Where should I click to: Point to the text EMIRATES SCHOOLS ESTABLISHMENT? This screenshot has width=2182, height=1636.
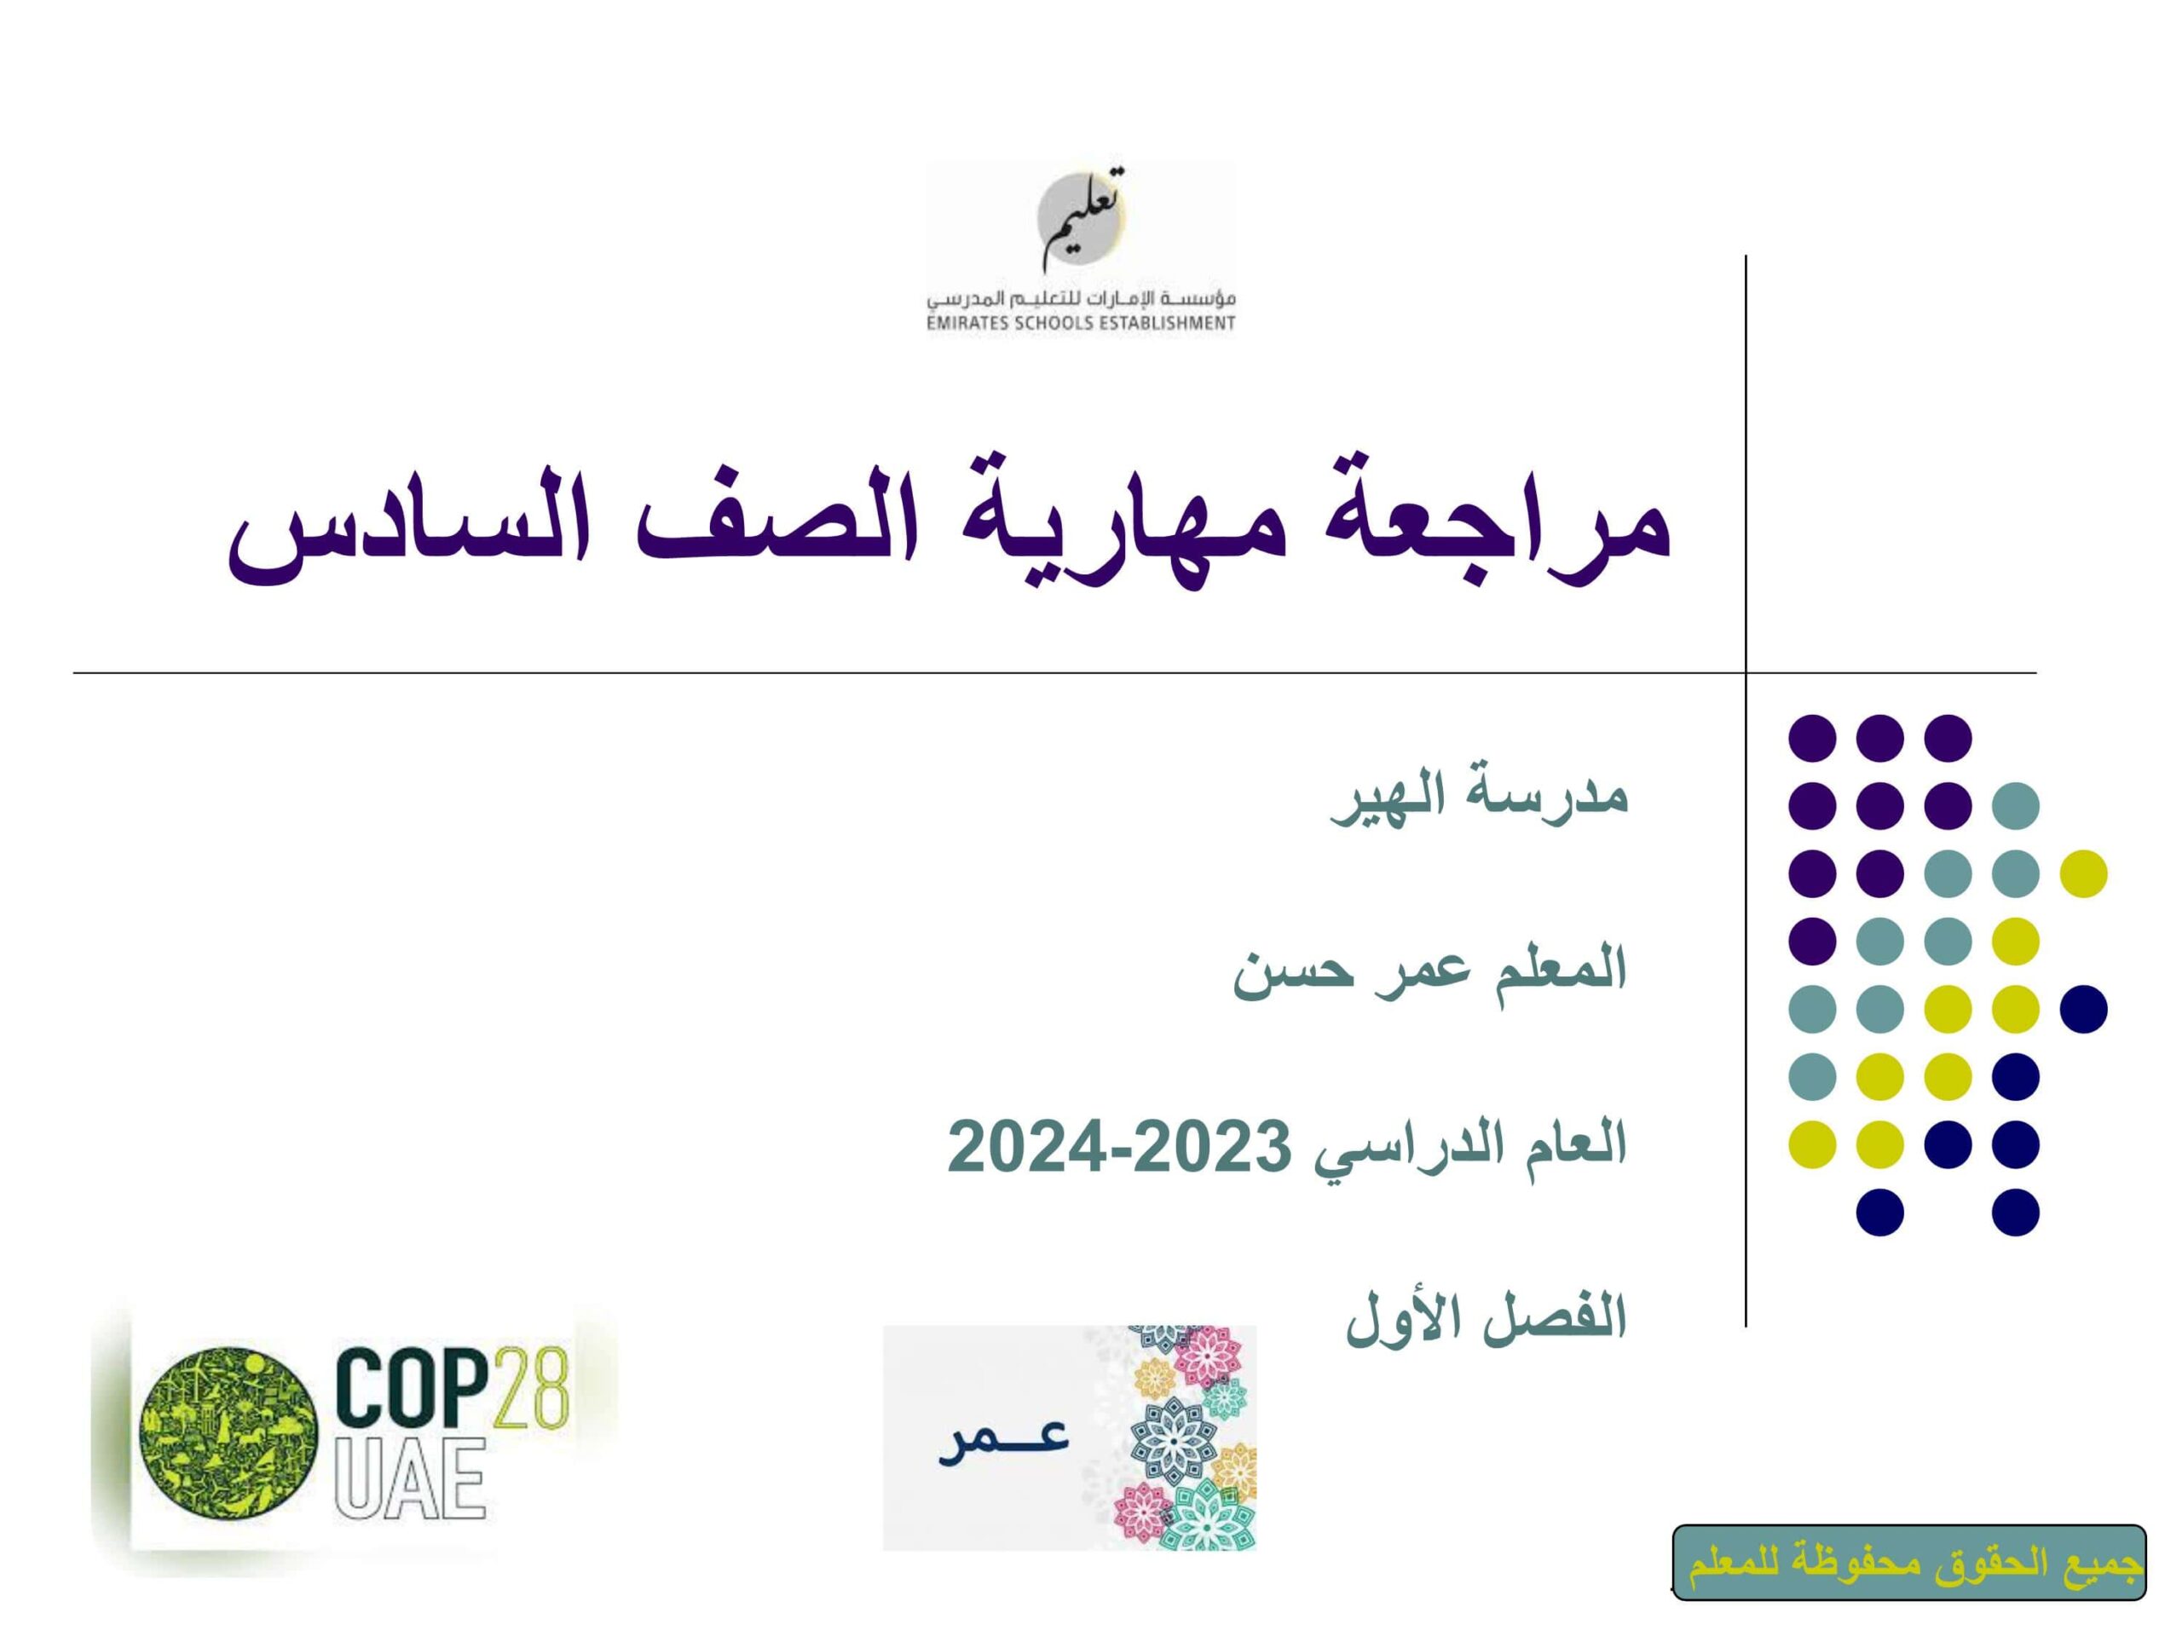point(1081,322)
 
